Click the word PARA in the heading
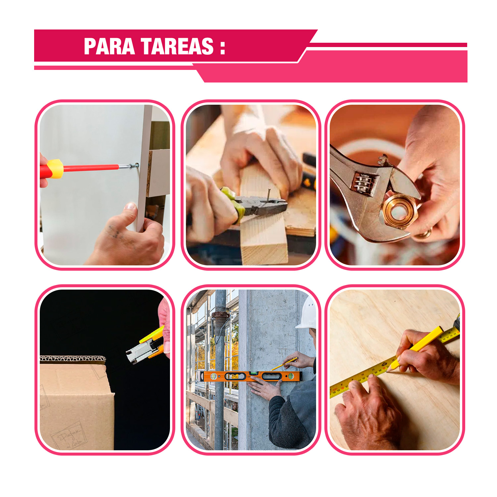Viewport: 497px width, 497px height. [109, 46]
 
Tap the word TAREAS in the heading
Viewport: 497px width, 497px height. [177, 46]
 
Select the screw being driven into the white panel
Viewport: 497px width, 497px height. [134, 165]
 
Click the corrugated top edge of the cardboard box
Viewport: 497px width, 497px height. [73, 359]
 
